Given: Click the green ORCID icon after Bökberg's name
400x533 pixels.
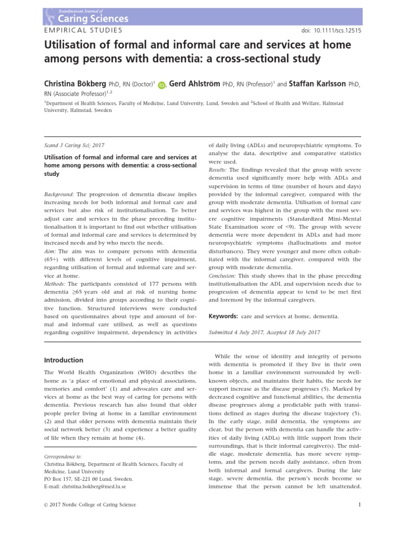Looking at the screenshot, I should pyautogui.click(x=161, y=85).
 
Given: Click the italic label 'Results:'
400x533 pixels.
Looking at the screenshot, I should pyautogui.click(x=218, y=170).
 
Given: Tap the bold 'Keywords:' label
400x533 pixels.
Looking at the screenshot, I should pyautogui.click(x=223, y=316).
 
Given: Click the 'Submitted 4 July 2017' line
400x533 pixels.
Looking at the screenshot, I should pyautogui.click(x=264, y=332).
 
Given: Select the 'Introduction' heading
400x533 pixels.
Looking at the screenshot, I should pyautogui.click(x=64, y=360).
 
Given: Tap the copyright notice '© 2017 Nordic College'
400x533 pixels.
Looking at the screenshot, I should pyautogui.click(x=90, y=504).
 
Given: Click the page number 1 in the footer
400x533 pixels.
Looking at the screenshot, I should pyautogui.click(x=360, y=504).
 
